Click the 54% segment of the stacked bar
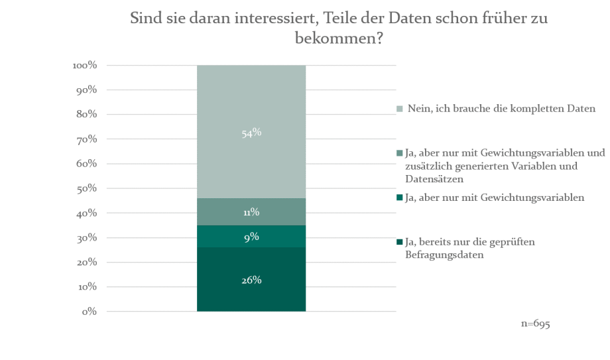(x=251, y=133)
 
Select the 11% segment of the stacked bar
(x=251, y=212)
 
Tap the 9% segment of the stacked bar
(x=251, y=237)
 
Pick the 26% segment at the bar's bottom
(x=251, y=280)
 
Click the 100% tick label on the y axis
(x=85, y=66)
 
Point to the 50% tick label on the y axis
(x=88, y=189)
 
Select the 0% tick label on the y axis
(x=90, y=312)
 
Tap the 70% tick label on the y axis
(x=88, y=140)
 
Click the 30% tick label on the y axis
(x=88, y=238)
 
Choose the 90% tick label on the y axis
(x=88, y=90)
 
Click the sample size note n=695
(x=536, y=324)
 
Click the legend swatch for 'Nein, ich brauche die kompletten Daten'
(x=399, y=108)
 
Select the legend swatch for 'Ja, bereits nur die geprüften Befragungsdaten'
(x=399, y=242)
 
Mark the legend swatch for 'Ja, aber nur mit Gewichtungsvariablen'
(x=399, y=197)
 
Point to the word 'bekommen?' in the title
(x=339, y=38)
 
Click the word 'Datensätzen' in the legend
(x=431, y=178)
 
